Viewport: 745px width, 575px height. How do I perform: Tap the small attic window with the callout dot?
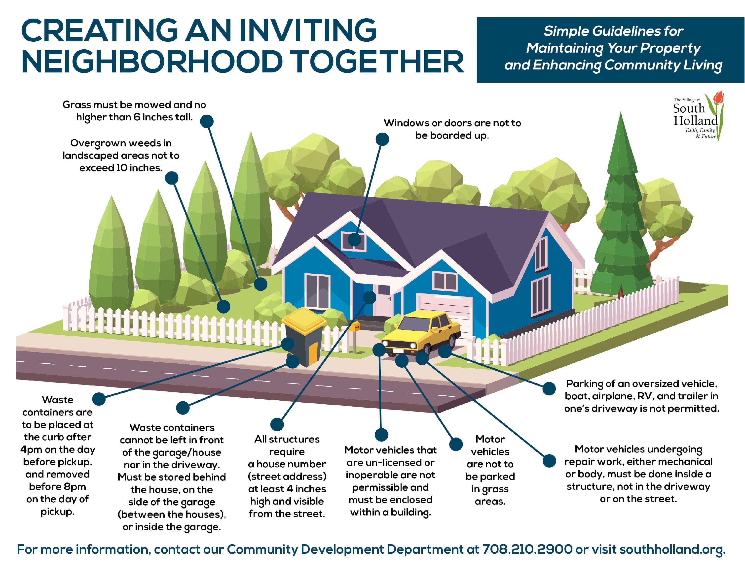coord(354,238)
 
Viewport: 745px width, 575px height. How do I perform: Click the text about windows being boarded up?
coord(452,129)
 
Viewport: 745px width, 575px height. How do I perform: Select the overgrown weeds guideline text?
coord(121,155)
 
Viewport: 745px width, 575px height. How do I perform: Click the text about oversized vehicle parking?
coord(642,396)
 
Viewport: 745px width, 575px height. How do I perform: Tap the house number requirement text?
coord(287,476)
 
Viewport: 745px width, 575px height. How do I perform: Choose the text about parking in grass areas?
coord(490,470)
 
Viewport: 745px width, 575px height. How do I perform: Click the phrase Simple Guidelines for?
coord(613,31)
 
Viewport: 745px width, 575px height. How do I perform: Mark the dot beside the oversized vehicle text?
coord(549,388)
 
